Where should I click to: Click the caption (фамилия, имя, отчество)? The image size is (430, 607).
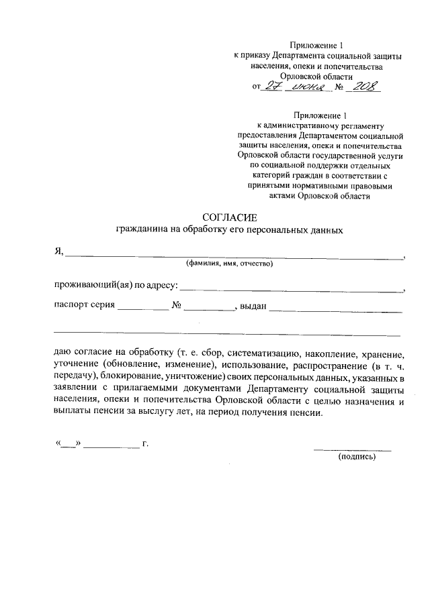(x=229, y=264)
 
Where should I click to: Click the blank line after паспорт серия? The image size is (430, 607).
(x=143, y=309)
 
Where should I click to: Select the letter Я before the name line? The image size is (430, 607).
(x=58, y=252)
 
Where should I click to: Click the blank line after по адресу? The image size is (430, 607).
(x=292, y=290)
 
